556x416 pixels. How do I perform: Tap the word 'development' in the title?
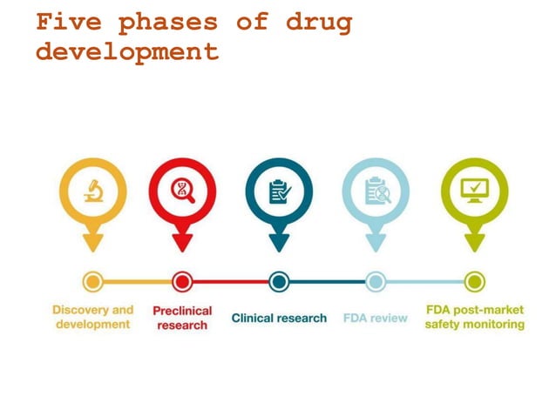point(127,51)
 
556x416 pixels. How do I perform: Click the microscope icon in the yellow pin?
point(93,190)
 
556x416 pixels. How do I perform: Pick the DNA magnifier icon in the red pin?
point(182,190)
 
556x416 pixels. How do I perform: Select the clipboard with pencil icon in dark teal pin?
point(279,191)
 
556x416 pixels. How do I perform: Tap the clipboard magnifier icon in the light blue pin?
point(376,191)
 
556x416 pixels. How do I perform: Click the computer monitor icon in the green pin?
point(474,190)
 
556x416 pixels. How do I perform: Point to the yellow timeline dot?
point(93,281)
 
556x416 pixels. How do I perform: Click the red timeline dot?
point(182,281)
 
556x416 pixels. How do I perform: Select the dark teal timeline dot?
point(279,281)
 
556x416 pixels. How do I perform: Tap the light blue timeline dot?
point(376,281)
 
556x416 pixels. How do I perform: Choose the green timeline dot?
point(474,281)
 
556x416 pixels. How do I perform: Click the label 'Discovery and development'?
point(93,317)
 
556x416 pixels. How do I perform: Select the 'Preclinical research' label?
point(182,318)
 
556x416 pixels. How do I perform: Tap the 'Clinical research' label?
point(279,318)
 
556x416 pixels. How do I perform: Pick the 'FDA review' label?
point(376,318)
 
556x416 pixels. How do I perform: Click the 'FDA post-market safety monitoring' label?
point(474,317)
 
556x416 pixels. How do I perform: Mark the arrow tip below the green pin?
point(474,247)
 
